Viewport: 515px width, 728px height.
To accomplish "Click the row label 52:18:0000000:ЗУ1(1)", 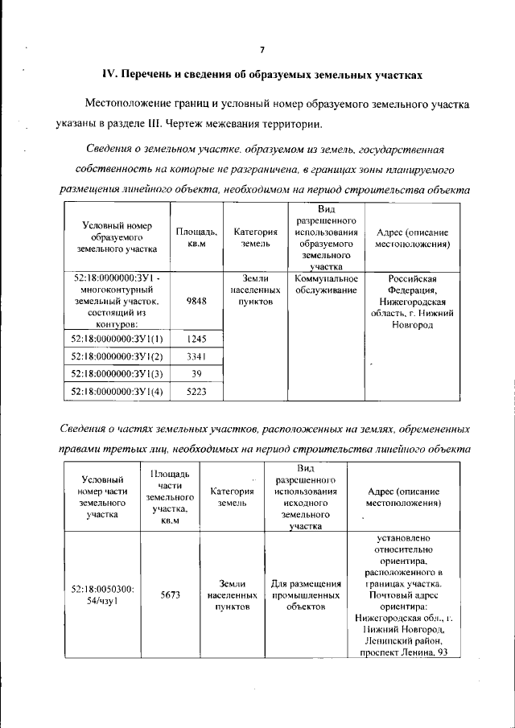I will [x=117, y=339].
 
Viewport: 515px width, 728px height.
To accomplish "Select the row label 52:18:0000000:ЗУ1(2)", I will [x=117, y=356].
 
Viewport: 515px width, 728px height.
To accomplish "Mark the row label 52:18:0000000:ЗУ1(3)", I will [x=117, y=374].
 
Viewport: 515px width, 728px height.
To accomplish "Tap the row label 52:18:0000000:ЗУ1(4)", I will [x=117, y=392].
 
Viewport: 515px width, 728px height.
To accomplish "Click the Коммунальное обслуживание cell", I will [x=326, y=284].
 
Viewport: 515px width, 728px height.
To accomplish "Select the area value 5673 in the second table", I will [x=170, y=594].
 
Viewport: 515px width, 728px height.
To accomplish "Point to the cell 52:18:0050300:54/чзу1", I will [x=103, y=594].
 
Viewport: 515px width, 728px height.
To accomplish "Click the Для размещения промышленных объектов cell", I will [x=306, y=594].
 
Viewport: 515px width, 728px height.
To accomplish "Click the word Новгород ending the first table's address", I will [x=410, y=324].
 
